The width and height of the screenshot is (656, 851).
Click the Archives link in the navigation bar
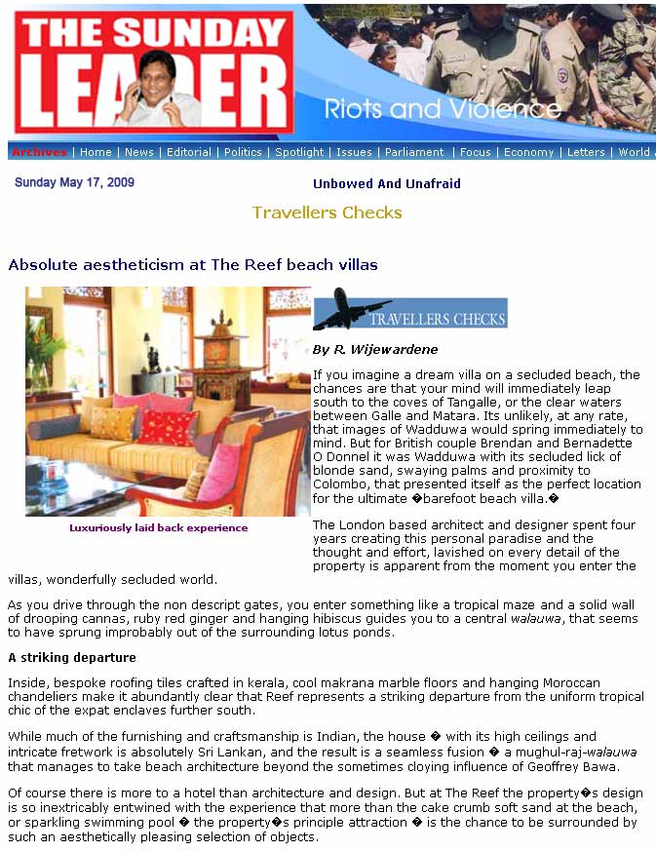39,152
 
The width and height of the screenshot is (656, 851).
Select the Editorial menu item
189,152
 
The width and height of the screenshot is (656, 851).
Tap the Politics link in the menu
243,152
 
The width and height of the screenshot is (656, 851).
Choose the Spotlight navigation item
299,152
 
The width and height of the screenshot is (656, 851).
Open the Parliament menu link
414,152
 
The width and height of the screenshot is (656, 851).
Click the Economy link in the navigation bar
528,152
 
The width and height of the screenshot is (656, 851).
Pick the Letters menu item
586,152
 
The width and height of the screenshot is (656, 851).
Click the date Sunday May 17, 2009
74,182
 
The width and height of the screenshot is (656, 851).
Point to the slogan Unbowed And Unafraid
386,183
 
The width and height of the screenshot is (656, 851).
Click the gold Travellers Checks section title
327,213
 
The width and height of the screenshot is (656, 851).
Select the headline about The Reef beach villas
193,264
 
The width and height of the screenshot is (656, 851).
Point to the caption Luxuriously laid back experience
158,527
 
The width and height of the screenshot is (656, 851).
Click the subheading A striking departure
72,658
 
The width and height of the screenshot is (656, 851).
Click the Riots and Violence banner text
442,108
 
